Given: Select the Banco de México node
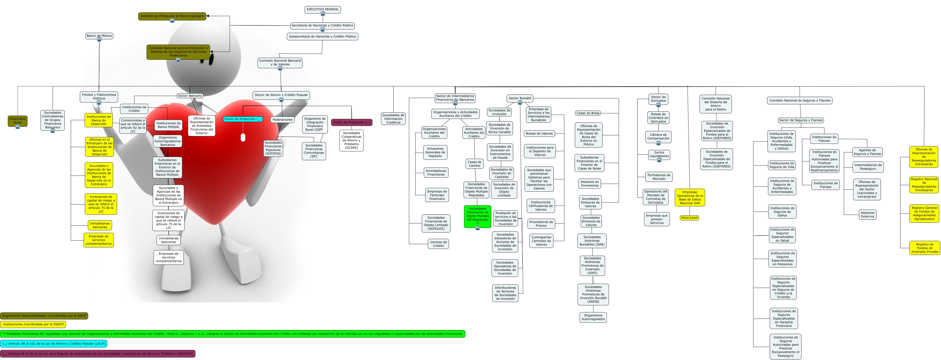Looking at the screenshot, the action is point(99,36).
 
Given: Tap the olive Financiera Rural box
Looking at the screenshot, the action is point(18,121).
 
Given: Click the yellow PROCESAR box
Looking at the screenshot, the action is point(689,218).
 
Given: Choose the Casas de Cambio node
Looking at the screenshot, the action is point(474,164).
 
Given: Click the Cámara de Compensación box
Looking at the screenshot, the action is point(658,137).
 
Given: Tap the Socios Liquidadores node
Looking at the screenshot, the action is point(659,154).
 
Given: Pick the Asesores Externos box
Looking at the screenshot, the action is point(867,215).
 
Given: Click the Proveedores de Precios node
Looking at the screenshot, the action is point(541,224).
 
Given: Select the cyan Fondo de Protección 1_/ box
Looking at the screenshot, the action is point(242,119).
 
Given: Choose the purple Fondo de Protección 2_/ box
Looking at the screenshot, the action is point(352,122).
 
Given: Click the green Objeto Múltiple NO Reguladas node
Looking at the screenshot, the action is point(477,216).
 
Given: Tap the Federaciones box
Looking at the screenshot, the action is point(282,119).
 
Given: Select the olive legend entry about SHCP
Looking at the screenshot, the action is point(44,316).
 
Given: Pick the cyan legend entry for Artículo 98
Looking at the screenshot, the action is point(54,344).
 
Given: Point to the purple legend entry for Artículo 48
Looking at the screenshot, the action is point(97,354).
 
